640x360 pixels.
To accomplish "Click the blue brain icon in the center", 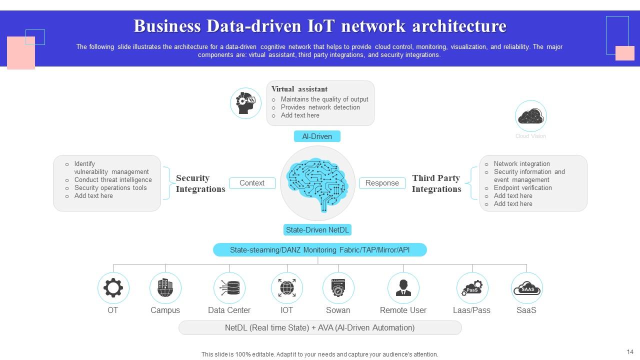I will pos(317,183).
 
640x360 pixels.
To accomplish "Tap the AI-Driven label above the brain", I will pos(317,136).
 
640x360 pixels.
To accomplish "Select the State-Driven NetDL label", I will pos(317,230).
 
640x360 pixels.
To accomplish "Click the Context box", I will pos(252,183).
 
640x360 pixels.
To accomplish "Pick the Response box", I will pos(382,183).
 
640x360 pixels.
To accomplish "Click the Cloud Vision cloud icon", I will pos(530,116).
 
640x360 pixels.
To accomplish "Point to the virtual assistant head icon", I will pos(245,103).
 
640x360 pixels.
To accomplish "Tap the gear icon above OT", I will pos(113,288).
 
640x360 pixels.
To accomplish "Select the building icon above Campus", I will pos(165,288).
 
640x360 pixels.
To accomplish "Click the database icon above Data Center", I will pos(229,288).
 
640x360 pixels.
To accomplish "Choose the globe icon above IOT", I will pos(287,288).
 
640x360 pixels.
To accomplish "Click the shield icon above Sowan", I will pos(338,288).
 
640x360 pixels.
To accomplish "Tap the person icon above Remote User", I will pos(403,288).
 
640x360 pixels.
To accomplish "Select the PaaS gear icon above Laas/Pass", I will pos(472,288).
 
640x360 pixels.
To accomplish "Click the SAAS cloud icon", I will pos(527,288).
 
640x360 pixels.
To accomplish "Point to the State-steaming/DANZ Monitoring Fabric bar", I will pos(319,249).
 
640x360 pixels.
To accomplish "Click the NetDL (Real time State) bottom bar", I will pos(319,328).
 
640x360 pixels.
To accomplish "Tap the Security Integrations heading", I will pos(200,183).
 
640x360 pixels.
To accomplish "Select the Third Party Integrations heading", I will pos(436,183).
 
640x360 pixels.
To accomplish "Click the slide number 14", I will pos(629,352).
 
